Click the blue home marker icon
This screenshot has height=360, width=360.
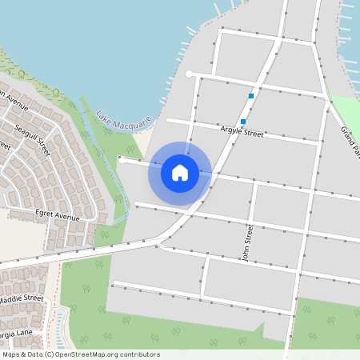[180, 172]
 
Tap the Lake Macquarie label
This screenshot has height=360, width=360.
[124, 119]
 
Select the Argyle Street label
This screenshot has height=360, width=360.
[241, 130]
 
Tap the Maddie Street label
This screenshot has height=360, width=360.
[22, 298]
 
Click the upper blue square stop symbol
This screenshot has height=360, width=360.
[251, 96]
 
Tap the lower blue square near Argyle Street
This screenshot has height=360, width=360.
[243, 122]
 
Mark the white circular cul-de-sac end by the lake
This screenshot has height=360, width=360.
[190, 74]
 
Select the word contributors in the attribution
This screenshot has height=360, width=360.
[139, 354]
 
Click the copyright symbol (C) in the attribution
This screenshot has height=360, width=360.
[49, 354]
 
